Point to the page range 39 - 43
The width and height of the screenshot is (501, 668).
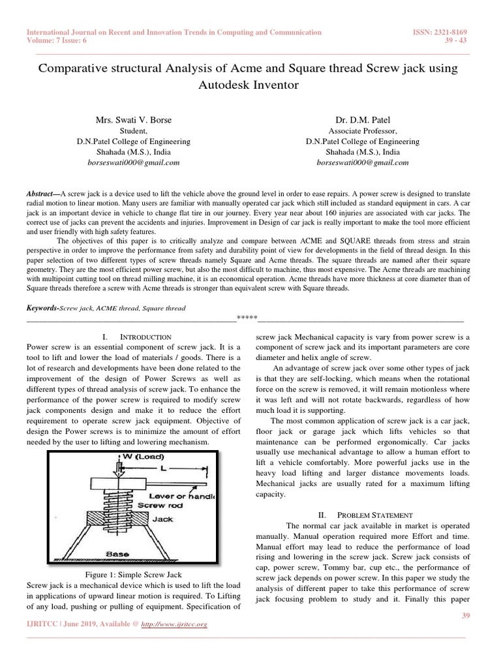tap(464, 40)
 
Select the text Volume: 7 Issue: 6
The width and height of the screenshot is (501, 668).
tap(56, 40)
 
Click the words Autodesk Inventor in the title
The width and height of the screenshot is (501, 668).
tap(250, 85)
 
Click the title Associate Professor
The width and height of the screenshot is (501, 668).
tap(362, 131)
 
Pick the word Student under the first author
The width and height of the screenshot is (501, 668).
tap(134, 131)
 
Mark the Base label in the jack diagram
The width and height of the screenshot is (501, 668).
tap(117, 553)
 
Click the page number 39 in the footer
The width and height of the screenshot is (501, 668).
tap(464, 616)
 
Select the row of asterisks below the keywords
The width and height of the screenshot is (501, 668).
tap(247, 319)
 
